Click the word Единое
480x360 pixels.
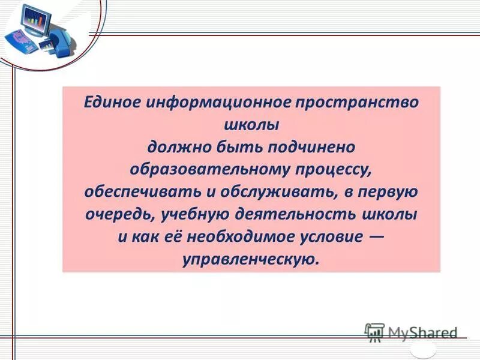click(108, 101)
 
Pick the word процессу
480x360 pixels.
click(333, 169)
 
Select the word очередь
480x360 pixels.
click(114, 214)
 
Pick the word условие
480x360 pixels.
click(331, 236)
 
